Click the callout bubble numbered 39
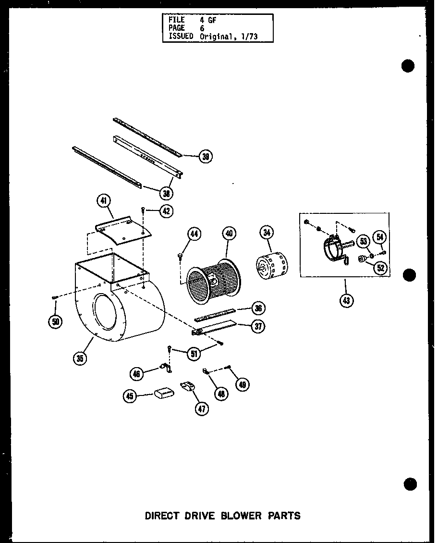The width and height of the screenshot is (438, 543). [206, 157]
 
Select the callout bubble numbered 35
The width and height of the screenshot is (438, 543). [81, 358]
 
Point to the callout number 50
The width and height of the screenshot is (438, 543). [55, 321]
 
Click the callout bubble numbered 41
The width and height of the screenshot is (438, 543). [104, 202]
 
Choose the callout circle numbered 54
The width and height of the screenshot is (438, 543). [380, 236]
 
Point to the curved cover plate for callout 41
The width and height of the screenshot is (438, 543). [122, 230]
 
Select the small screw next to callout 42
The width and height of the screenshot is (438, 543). [144, 210]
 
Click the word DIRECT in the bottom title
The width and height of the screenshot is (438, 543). [162, 516]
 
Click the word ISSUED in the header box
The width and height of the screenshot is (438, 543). [181, 37]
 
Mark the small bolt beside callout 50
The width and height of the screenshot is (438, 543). [54, 298]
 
